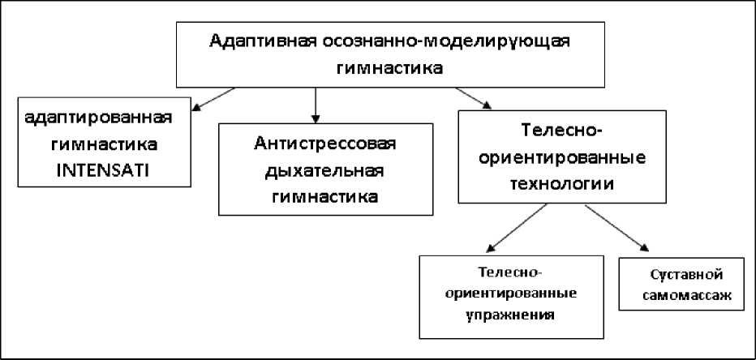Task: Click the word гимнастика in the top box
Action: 393,68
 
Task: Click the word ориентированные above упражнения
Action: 511,292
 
